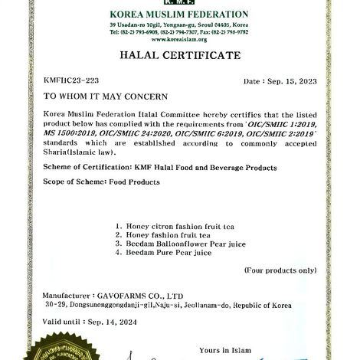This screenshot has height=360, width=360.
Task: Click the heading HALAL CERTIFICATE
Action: point(179,56)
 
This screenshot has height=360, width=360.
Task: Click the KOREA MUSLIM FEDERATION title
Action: point(179,15)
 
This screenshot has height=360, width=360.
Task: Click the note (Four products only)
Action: point(280,270)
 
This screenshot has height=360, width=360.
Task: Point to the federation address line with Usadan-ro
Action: point(179,25)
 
